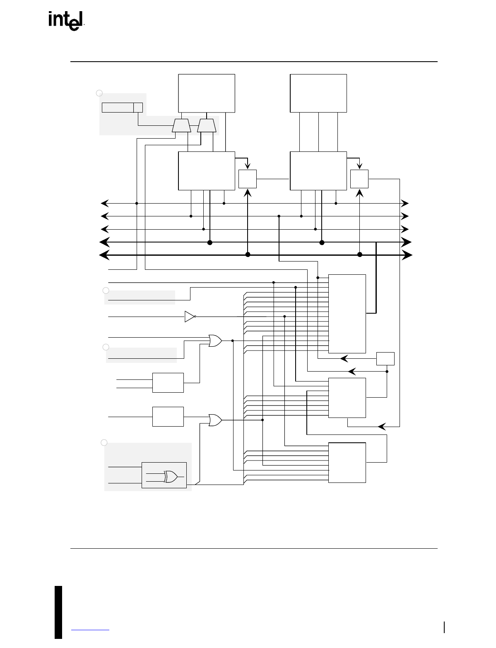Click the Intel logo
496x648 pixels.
point(66,21)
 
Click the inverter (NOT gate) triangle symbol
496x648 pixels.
point(190,317)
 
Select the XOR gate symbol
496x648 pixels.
point(170,477)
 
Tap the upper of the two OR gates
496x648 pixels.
point(215,341)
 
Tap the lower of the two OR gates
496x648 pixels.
point(215,420)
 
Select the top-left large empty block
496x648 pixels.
point(207,93)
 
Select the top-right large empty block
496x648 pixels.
point(318,93)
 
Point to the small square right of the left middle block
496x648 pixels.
point(248,179)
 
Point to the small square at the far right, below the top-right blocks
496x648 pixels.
point(359,179)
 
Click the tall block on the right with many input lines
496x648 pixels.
point(347,313)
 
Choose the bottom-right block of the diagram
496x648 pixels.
point(347,462)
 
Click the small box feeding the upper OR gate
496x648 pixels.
point(168,382)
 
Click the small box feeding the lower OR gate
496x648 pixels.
point(168,416)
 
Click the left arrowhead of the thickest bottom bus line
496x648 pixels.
point(104,255)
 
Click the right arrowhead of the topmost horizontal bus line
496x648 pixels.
point(405,203)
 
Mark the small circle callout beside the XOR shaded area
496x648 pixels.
point(104,443)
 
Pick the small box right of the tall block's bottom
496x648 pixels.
point(385,358)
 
